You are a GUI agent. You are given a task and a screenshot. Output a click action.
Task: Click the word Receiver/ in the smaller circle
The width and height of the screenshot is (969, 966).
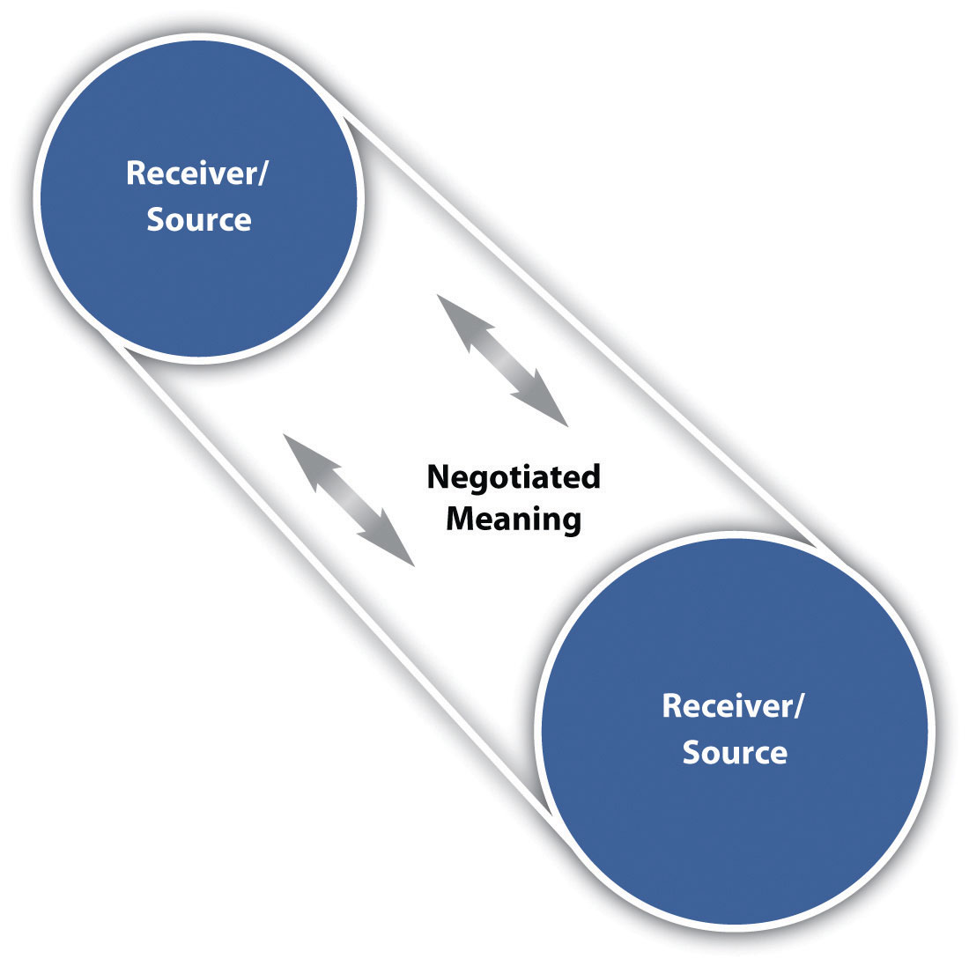pos(196,173)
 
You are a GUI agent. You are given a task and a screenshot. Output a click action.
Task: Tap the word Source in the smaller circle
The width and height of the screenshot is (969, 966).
pos(199,220)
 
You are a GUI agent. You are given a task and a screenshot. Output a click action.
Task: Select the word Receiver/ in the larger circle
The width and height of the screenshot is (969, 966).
pos(732,705)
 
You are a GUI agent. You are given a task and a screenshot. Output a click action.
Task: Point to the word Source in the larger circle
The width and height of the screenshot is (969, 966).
pos(735,752)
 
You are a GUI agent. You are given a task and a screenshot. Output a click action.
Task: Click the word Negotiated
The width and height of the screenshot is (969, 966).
pos(514,477)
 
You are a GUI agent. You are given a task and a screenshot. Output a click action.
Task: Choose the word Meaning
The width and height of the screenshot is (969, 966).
pos(514,519)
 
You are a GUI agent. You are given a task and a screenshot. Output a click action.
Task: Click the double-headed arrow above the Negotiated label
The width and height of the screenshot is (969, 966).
pos(502,361)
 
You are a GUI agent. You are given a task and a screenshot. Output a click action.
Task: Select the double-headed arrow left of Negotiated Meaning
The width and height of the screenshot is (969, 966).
pos(349,500)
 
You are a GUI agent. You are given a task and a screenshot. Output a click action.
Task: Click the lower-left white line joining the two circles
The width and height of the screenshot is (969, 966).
pos(335,581)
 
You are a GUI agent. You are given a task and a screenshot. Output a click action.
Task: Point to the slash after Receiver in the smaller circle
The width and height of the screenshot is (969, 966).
pos(262,174)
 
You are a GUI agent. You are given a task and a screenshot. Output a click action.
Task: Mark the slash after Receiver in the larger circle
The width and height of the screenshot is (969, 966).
pos(798,706)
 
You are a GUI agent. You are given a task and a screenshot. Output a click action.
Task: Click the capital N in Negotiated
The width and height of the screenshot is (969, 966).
pos(439,477)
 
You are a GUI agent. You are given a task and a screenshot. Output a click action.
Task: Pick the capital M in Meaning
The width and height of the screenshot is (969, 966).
pos(462,518)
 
